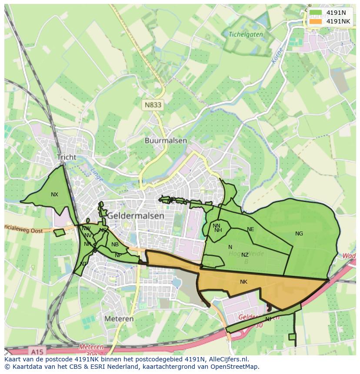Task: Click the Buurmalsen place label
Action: [166, 141]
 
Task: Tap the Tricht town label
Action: [67, 157]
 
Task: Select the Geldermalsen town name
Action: [136, 215]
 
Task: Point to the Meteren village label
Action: [119, 319]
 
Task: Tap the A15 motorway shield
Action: [38, 350]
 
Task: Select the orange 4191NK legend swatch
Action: [316, 21]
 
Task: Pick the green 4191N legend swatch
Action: [316, 13]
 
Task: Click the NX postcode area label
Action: [54, 195]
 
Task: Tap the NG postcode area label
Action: [299, 234]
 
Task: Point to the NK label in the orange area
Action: [243, 282]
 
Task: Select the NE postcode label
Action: [250, 229]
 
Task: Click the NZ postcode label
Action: [245, 255]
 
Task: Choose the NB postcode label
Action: [115, 245]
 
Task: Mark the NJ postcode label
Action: [268, 319]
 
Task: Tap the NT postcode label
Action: [83, 264]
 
